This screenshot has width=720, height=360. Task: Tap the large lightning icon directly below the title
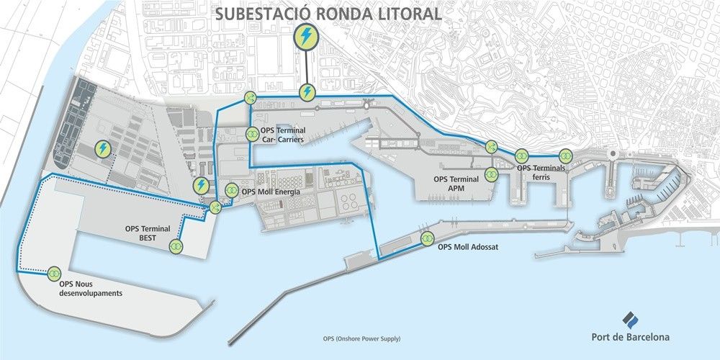click(x=307, y=35)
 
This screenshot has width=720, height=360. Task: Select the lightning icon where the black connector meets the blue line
click(x=307, y=91)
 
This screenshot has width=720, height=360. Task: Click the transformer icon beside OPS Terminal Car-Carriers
click(x=252, y=133)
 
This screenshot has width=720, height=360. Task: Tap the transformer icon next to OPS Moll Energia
click(x=231, y=191)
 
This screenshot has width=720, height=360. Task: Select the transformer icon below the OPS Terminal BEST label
click(x=176, y=247)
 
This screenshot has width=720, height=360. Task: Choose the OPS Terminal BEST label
click(x=147, y=233)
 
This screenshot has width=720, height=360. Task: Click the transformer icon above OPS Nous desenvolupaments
click(x=53, y=274)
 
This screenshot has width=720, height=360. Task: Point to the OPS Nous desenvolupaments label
click(x=91, y=289)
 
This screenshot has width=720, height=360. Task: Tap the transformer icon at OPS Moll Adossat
click(x=426, y=238)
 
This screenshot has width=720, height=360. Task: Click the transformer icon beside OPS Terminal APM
click(x=492, y=174)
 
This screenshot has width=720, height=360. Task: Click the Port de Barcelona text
click(x=629, y=336)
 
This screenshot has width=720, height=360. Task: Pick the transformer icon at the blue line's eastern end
click(x=565, y=155)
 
